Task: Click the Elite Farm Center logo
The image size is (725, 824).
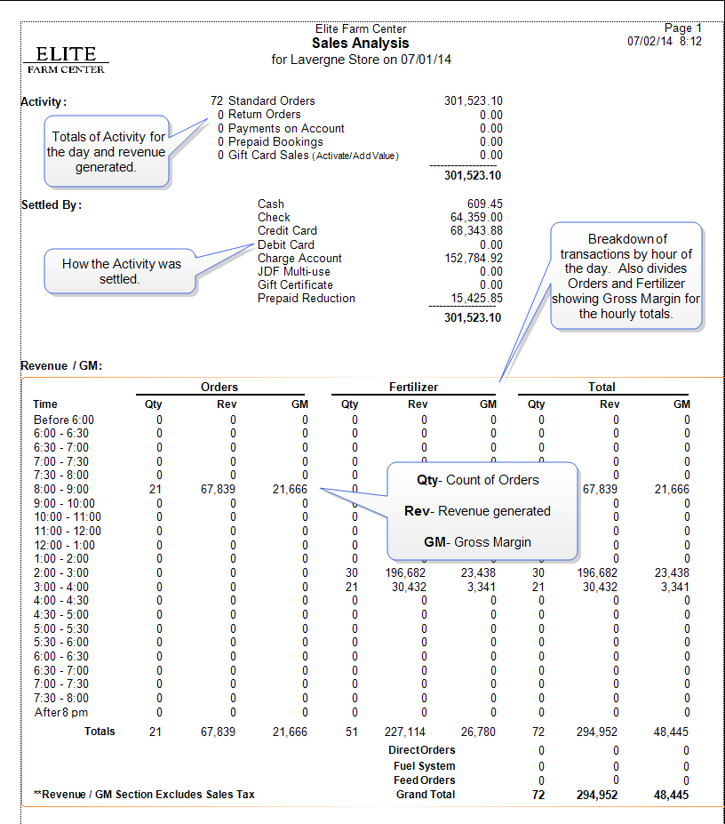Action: (66, 60)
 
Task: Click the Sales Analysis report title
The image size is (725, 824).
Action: (360, 43)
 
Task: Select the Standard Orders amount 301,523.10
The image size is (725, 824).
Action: (473, 101)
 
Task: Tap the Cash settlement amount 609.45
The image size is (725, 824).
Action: (484, 204)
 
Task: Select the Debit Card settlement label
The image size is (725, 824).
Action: (285, 244)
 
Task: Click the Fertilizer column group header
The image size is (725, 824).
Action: (414, 387)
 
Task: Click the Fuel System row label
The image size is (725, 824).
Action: (424, 766)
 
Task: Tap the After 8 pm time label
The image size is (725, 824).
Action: (61, 712)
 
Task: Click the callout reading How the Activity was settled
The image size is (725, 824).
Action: (121, 271)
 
